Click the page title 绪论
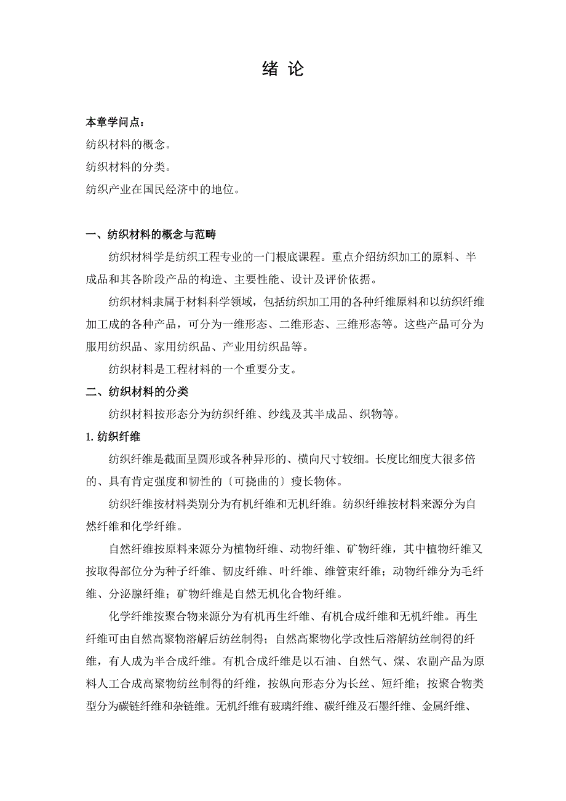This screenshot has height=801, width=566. pos(283,70)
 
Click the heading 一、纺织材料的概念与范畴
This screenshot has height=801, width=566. pos(151,234)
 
